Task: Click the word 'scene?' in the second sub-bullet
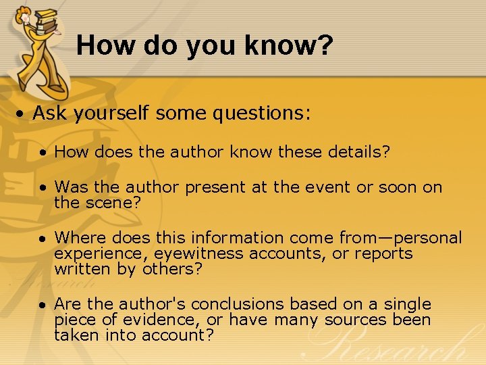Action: point(113,201)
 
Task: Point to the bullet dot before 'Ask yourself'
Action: point(22,114)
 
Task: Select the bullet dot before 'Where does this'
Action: point(43,239)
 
